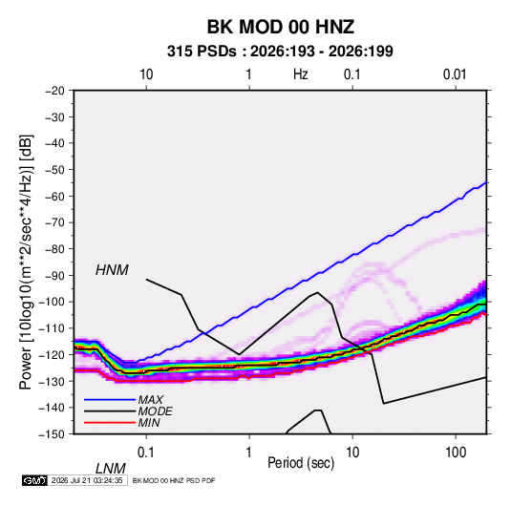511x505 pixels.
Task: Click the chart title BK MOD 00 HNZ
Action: coord(281,27)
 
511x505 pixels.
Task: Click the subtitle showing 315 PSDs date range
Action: coord(280,52)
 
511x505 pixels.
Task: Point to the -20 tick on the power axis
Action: coord(54,91)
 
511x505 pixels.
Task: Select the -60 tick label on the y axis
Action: coord(54,196)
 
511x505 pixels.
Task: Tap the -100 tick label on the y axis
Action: coord(52,302)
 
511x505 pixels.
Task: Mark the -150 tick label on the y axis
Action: coord(52,434)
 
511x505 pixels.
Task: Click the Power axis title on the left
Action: coord(26,263)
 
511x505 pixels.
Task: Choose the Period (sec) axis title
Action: coord(301,463)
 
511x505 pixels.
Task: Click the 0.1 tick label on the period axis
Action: coord(146,452)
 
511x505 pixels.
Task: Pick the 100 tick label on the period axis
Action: coord(456,452)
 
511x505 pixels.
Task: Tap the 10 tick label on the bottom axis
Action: coord(352,452)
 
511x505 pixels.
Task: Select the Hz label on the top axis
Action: coord(301,74)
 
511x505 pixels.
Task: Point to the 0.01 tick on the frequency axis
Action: coord(455,74)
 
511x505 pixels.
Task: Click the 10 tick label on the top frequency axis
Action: coord(146,74)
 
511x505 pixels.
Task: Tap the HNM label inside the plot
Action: coord(112,270)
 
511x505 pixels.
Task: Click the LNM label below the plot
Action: coord(111,469)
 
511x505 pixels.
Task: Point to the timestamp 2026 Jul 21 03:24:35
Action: coord(87,480)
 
